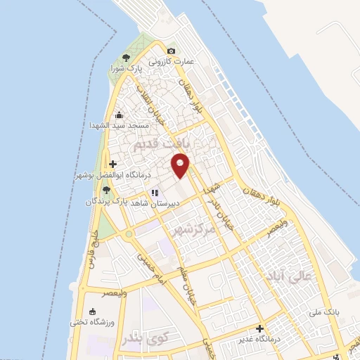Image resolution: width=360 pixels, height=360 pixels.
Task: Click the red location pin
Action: coord(181,165)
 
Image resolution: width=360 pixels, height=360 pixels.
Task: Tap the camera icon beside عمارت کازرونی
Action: coord(171,51)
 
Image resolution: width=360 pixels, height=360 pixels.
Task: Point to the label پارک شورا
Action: coord(126,69)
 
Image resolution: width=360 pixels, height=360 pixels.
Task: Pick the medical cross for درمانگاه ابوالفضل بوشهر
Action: coord(112,164)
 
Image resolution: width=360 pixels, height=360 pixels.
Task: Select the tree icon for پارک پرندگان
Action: coord(105,190)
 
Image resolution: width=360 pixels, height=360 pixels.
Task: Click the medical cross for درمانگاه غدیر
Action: coord(259,328)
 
